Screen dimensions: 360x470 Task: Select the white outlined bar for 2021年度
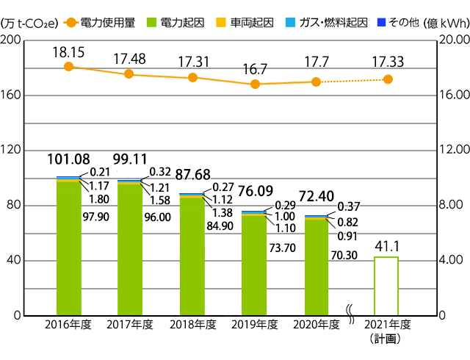point(386,286)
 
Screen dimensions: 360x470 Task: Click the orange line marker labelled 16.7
point(255,84)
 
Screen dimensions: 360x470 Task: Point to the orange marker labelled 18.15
point(68,67)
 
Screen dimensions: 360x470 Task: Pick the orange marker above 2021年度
point(388,79)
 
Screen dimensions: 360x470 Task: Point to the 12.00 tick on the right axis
point(453,151)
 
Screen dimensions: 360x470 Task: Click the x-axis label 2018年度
point(192,324)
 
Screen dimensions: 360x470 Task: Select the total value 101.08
point(69,159)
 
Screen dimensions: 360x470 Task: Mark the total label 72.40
point(317,198)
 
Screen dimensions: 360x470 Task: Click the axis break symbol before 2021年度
point(351,317)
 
